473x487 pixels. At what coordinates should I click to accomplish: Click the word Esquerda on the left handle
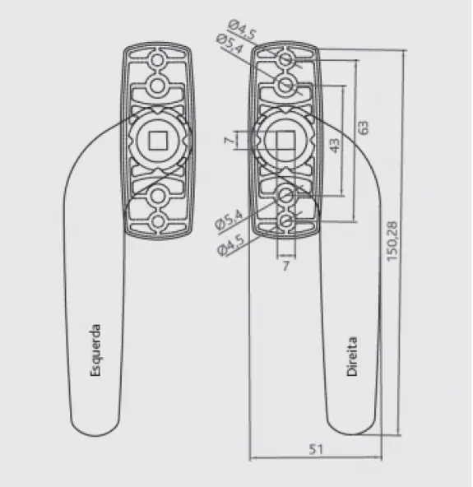95,350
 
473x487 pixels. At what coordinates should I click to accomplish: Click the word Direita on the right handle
352,356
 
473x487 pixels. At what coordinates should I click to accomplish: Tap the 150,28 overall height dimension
392,241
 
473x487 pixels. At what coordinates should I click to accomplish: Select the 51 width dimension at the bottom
316,449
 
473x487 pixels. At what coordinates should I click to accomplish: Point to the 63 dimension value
363,128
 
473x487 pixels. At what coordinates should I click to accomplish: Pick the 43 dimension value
334,146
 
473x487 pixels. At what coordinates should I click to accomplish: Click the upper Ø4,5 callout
242,30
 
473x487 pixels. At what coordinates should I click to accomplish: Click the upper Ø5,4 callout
230,44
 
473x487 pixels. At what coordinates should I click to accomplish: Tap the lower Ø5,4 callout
229,220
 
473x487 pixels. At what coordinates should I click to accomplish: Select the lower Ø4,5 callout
231,245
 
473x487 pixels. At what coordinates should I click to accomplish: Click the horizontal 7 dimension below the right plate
286,266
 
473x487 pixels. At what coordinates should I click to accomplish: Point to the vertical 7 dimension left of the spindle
229,141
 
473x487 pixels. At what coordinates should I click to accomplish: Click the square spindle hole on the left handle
158,141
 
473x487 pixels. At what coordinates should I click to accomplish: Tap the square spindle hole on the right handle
285,140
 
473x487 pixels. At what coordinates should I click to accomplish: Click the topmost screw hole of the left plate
157,60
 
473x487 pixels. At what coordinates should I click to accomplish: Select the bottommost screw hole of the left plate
157,221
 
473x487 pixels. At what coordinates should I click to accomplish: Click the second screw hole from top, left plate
157,86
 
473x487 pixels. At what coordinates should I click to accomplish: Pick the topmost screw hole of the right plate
285,59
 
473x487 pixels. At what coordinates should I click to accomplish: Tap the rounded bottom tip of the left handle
95,435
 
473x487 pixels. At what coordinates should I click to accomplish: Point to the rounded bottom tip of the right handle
352,434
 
